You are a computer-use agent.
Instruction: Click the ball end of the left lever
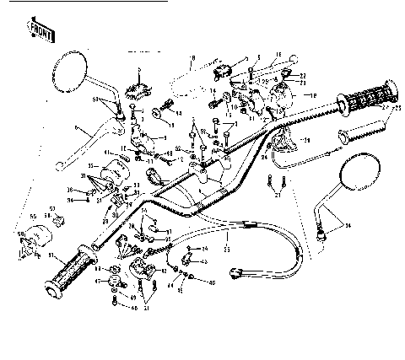coord(76,126)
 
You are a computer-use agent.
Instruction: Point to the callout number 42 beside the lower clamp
coord(163,271)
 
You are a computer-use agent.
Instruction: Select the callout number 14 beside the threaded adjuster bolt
coord(179,112)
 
